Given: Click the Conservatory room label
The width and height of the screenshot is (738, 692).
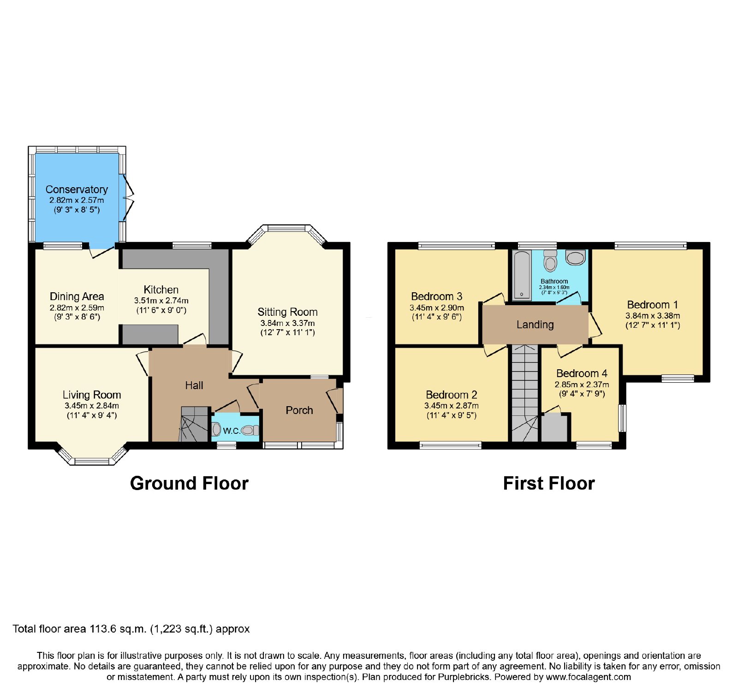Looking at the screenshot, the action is (77, 189).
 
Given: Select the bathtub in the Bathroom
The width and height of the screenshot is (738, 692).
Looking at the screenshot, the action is (522, 275).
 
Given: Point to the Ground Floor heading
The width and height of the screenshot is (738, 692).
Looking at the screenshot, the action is (189, 483).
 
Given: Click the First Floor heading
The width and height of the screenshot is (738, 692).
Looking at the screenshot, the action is (549, 483).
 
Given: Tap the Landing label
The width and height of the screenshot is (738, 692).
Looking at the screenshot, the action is (535, 325).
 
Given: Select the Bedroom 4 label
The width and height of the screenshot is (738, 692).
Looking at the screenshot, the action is (582, 373).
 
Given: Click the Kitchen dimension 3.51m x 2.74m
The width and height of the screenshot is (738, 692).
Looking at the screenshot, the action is (161, 301).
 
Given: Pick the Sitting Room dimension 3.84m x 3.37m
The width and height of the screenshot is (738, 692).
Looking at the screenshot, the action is (287, 323).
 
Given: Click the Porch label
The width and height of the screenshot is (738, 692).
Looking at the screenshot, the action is (299, 410).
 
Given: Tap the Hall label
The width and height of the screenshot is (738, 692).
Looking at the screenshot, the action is (194, 385).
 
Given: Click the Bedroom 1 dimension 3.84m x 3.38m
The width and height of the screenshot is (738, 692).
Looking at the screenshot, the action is (653, 316).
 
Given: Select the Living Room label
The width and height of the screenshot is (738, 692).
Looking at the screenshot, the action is (92, 395).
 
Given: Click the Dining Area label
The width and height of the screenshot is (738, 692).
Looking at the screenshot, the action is (77, 296).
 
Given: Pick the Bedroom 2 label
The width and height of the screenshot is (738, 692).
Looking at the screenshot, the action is (452, 395).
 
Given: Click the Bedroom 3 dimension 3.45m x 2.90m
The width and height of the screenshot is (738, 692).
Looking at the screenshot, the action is (437, 308).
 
